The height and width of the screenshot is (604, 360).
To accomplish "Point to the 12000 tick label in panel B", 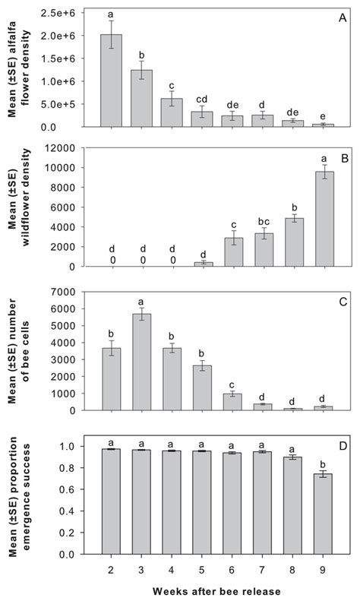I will click(65, 147).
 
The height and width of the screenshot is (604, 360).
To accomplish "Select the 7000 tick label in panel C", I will click(69, 292).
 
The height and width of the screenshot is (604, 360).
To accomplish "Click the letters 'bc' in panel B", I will click(264, 220).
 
